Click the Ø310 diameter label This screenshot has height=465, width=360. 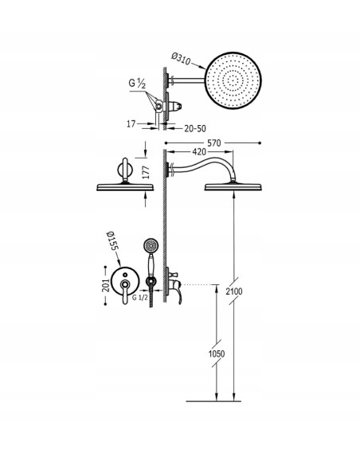(x=181, y=59)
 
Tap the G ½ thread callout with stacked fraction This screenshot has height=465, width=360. (x=137, y=84)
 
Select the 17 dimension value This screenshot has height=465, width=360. (x=131, y=123)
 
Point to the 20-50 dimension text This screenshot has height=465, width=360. (x=195, y=129)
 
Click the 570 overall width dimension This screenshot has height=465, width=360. (x=213, y=143)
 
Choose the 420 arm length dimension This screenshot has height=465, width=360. (x=199, y=152)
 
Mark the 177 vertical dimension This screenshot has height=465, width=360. (x=146, y=172)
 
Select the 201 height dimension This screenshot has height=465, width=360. (x=106, y=285)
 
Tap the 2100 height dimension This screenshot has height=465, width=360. (x=234, y=291)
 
